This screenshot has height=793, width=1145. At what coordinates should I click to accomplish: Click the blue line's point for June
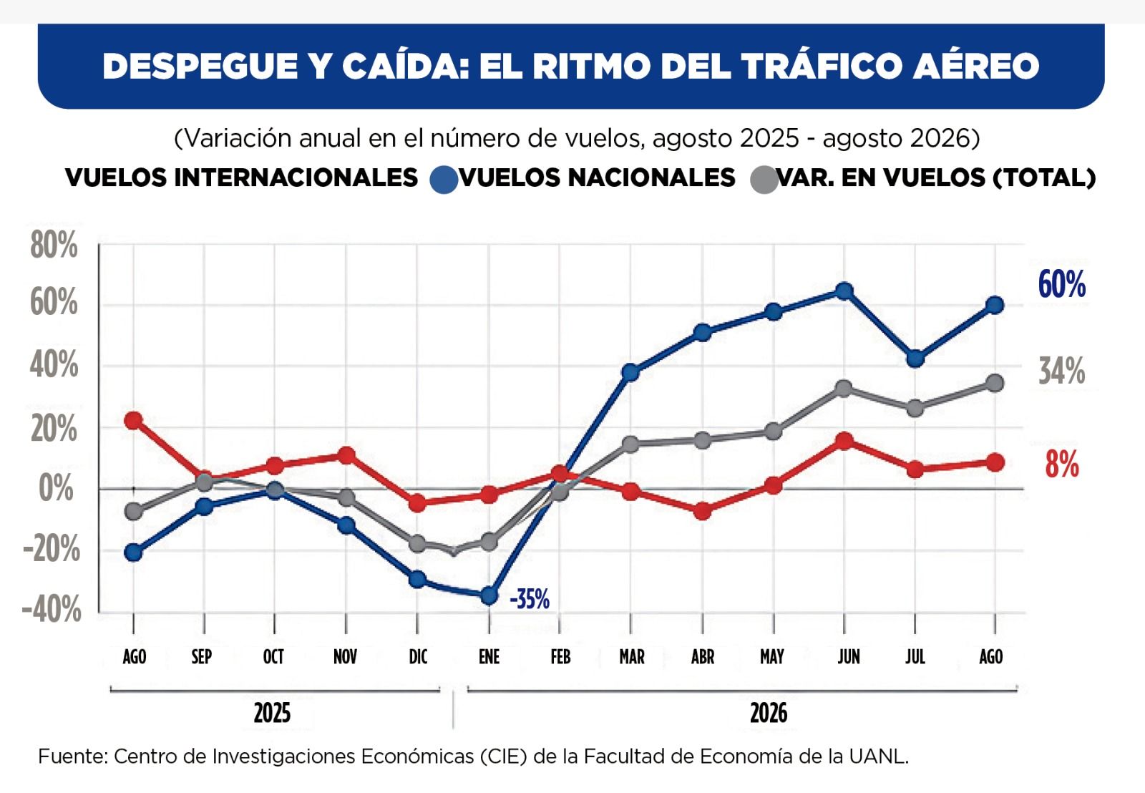844,291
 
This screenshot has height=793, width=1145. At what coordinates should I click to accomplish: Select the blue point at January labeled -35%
489,595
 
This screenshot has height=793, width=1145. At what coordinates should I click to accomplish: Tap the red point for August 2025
133,420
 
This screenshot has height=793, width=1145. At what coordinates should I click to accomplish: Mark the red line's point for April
702,511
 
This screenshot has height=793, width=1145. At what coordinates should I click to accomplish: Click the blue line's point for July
915,358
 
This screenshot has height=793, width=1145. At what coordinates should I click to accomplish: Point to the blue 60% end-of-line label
1062,284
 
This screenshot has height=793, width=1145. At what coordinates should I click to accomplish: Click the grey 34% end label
1062,371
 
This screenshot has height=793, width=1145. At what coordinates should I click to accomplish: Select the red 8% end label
1062,464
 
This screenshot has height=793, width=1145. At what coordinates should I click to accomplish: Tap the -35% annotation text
530,599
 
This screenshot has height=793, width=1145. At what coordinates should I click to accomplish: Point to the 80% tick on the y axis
54,245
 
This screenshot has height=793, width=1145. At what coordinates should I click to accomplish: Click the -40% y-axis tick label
51,609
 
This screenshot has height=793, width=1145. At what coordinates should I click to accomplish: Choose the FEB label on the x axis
560,656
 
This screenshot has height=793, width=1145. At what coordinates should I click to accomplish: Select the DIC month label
418,656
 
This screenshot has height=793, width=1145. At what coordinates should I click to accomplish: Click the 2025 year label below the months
272,714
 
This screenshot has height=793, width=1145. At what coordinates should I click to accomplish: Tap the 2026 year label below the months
769,714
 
